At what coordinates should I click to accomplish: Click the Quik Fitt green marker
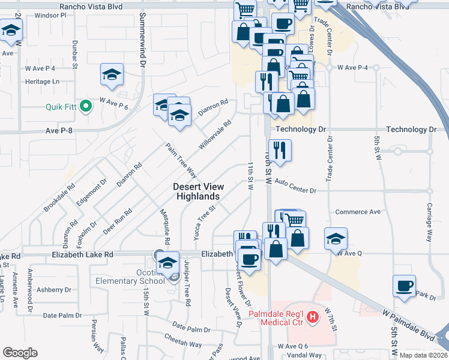(85, 107)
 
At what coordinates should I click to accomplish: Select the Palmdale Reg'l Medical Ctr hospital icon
(312, 316)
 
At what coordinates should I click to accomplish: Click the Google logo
(20, 352)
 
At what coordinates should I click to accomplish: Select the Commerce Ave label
(358, 212)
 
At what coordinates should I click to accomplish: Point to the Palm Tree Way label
(182, 161)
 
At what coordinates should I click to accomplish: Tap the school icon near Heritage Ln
(112, 74)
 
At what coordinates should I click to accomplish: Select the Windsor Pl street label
(50, 15)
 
